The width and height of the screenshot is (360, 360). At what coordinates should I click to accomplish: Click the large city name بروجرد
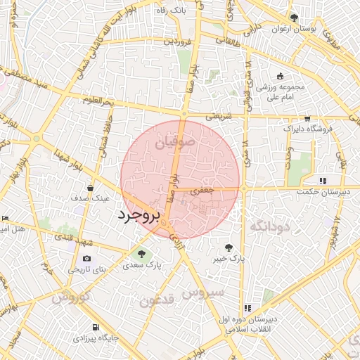[139, 214]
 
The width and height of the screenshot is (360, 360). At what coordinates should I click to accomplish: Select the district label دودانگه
[269, 226]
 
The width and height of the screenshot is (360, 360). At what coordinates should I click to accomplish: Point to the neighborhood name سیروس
[202, 290]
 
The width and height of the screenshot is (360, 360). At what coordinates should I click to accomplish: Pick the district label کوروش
[70, 297]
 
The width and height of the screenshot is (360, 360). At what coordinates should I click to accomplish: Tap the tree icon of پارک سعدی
[142, 253]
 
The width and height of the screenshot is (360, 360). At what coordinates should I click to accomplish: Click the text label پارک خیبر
[230, 259]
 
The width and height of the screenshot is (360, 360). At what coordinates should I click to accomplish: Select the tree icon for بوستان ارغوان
[294, 18]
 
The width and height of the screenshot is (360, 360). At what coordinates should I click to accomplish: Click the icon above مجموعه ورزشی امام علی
[281, 76]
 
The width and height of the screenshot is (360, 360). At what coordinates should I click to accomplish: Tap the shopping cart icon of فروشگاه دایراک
[307, 119]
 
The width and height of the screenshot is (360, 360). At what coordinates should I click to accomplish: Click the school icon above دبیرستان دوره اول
[247, 308]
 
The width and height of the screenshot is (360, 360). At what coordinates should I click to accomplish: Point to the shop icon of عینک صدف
[90, 188]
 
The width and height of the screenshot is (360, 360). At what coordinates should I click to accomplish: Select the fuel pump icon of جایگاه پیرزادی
[96, 327]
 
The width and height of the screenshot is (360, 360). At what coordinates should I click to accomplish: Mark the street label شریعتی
[218, 117]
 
